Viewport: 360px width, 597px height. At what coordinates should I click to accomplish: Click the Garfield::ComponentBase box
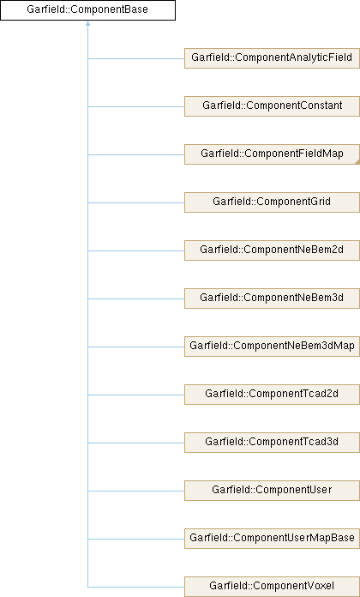[87, 10]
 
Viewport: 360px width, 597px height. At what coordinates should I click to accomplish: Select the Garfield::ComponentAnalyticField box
[272, 58]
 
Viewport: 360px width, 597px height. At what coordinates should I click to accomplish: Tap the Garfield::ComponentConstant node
[272, 106]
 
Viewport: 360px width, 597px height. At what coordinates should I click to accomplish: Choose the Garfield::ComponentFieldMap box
[272, 154]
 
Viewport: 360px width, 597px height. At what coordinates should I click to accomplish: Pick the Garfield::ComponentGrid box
[272, 202]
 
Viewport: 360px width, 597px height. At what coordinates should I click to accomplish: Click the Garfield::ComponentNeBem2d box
[272, 250]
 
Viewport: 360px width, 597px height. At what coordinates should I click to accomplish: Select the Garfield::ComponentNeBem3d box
[272, 298]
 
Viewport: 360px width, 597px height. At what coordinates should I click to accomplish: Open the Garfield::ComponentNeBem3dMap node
[272, 346]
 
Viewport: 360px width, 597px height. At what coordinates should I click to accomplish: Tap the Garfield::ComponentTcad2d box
[272, 394]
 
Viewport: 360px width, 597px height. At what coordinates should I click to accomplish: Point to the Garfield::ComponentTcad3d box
[272, 442]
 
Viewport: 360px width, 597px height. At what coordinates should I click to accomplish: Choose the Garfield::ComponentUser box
[272, 490]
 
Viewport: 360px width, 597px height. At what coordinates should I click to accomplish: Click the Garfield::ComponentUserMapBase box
[272, 538]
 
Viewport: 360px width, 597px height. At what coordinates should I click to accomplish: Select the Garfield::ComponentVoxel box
[272, 587]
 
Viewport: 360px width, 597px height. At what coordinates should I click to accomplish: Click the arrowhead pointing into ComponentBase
[88, 23]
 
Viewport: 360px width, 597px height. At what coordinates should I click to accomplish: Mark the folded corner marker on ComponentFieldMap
[357, 162]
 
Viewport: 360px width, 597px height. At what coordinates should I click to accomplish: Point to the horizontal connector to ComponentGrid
[136, 202]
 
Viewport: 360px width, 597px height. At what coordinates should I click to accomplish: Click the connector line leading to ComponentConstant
[136, 106]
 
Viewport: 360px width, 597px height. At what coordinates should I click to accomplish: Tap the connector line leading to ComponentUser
[136, 491]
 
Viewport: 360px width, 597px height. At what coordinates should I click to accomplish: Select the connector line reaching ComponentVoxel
[136, 587]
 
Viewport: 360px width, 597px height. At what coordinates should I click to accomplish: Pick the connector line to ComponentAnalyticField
[136, 58]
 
